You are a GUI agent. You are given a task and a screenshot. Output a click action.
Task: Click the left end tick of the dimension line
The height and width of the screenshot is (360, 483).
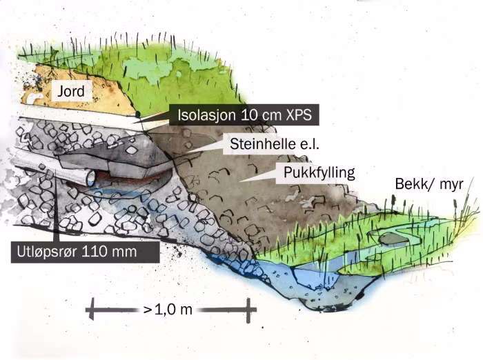pos(90,310)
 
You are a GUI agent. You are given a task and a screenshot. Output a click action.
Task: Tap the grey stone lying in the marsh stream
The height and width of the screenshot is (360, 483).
pos(392,239)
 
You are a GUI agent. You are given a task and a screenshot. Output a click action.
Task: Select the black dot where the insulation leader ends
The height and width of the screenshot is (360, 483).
pos(138,114)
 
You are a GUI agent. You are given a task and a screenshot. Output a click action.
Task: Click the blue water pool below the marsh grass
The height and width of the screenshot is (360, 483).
pos(310,279)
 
